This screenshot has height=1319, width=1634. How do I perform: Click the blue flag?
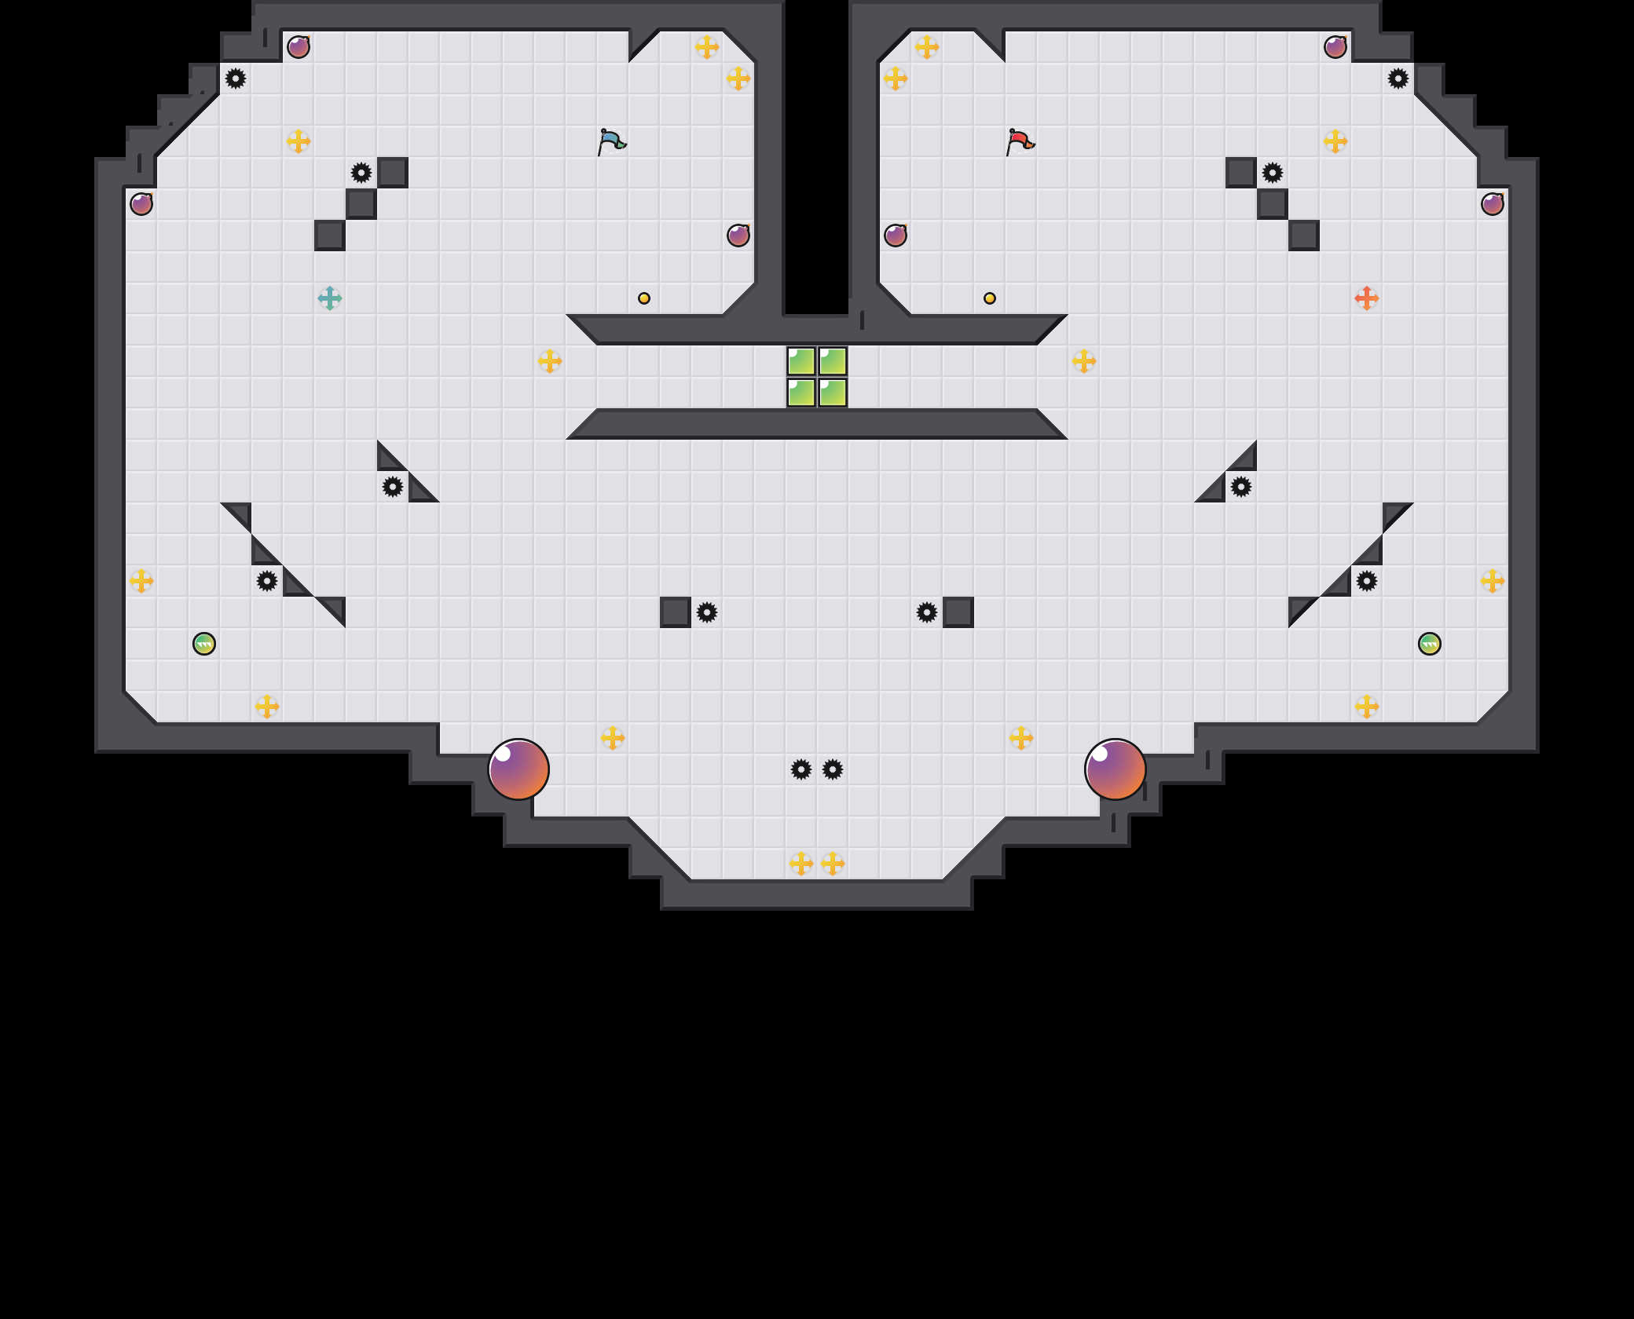(611, 142)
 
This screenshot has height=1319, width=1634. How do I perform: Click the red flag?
(1020, 142)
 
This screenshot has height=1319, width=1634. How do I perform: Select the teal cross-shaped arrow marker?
(330, 298)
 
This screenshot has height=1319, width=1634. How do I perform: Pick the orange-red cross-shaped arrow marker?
(1367, 298)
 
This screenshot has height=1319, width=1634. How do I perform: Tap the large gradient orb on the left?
(518, 769)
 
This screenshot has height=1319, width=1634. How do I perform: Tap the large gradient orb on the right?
(1116, 769)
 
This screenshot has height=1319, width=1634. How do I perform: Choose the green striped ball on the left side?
(204, 644)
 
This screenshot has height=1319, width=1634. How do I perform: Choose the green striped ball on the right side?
(1430, 644)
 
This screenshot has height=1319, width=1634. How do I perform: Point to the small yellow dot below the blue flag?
(644, 298)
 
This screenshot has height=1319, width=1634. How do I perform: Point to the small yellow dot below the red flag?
(990, 298)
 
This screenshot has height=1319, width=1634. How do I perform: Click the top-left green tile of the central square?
(801, 361)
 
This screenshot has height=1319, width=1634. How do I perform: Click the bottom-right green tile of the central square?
(833, 393)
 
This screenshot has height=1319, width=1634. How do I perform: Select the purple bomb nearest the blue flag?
(738, 236)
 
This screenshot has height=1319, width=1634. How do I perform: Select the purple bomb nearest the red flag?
(896, 236)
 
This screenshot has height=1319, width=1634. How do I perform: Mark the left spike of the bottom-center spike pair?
(801, 769)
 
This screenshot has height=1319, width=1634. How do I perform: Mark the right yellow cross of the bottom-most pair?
(833, 864)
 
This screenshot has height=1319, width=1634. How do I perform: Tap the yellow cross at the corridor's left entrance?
(550, 361)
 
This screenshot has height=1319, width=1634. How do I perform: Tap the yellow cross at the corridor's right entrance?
(1084, 361)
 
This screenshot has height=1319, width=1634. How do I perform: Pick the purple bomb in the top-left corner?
(299, 47)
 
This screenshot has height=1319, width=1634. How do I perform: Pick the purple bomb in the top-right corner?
(1335, 47)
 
